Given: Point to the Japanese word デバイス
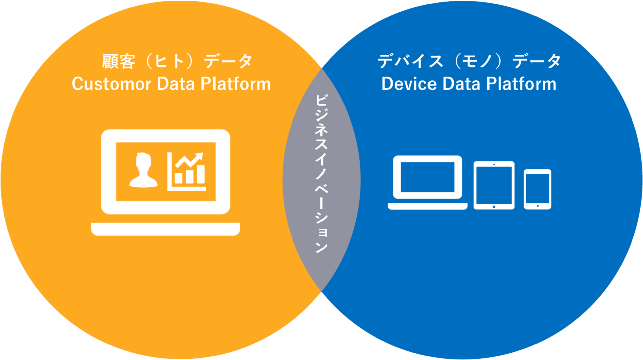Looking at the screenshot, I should pyautogui.click(x=410, y=62).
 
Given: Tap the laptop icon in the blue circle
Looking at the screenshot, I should pyautogui.click(x=427, y=182).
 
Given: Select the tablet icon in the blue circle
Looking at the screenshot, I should pyautogui.click(x=494, y=185).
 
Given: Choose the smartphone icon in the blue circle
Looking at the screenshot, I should pyautogui.click(x=538, y=189).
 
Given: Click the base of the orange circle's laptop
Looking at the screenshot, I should pyautogui.click(x=166, y=229).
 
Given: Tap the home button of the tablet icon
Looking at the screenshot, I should pyautogui.click(x=494, y=206).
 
